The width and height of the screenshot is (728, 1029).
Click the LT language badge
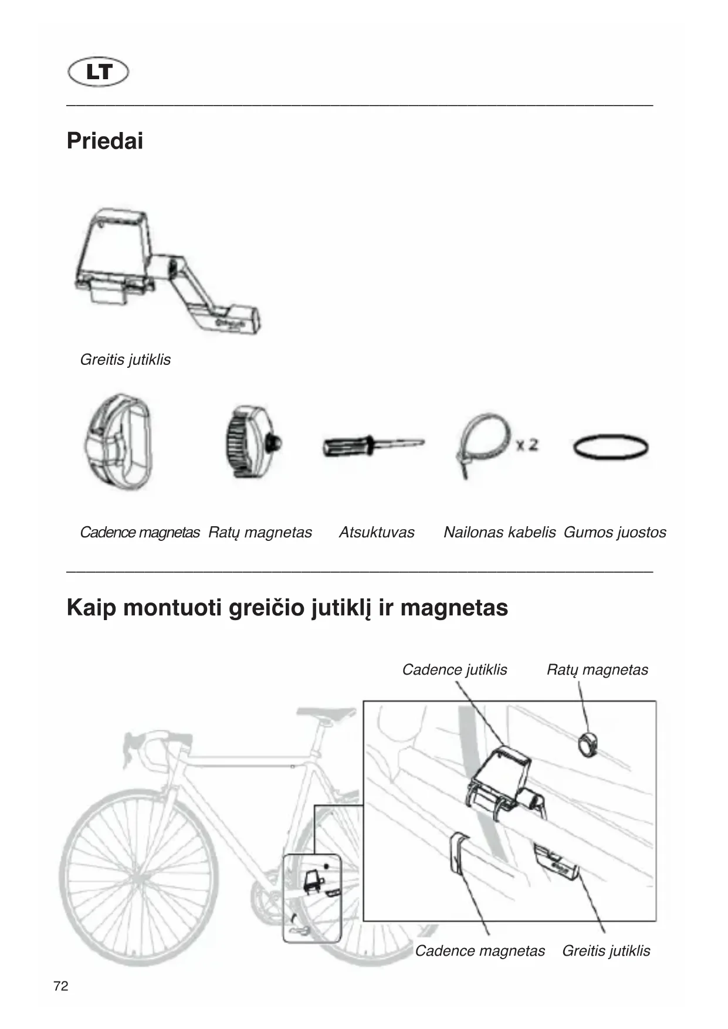click(98, 72)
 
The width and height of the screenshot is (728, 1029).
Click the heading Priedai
click(105, 141)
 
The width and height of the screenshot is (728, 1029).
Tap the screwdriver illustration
click(373, 446)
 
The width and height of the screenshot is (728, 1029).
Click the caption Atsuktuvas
click(377, 532)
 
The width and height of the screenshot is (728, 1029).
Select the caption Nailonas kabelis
click(499, 532)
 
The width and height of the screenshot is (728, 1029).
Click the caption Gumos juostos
click(615, 532)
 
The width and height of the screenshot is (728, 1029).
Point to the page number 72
click(60, 986)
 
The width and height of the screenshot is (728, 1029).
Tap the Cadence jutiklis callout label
click(454, 669)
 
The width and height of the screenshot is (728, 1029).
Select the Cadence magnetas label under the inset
click(480, 950)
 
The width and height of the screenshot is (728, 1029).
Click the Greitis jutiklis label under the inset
click(606, 950)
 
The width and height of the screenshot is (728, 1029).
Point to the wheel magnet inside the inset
click(588, 744)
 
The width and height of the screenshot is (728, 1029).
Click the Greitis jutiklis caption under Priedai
click(125, 360)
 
